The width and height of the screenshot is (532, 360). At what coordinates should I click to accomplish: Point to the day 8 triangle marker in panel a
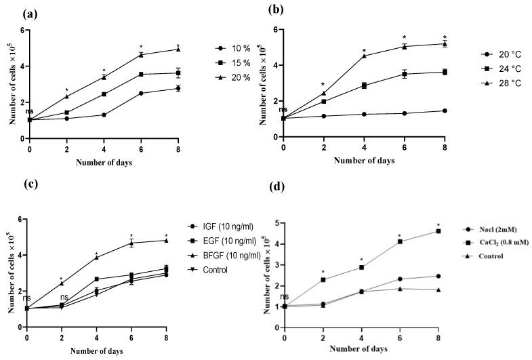tap(178, 49)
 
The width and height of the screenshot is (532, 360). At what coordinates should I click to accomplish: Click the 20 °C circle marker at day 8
tap(445, 111)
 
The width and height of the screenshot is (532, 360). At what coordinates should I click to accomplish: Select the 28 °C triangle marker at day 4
tap(364, 56)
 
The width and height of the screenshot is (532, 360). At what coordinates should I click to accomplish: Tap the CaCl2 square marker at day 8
tap(438, 231)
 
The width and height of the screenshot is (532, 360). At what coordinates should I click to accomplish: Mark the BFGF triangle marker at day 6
tap(131, 242)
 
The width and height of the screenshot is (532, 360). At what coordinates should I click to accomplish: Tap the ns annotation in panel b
tap(283, 108)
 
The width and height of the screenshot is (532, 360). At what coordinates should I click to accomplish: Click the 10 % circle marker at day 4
tap(104, 115)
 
